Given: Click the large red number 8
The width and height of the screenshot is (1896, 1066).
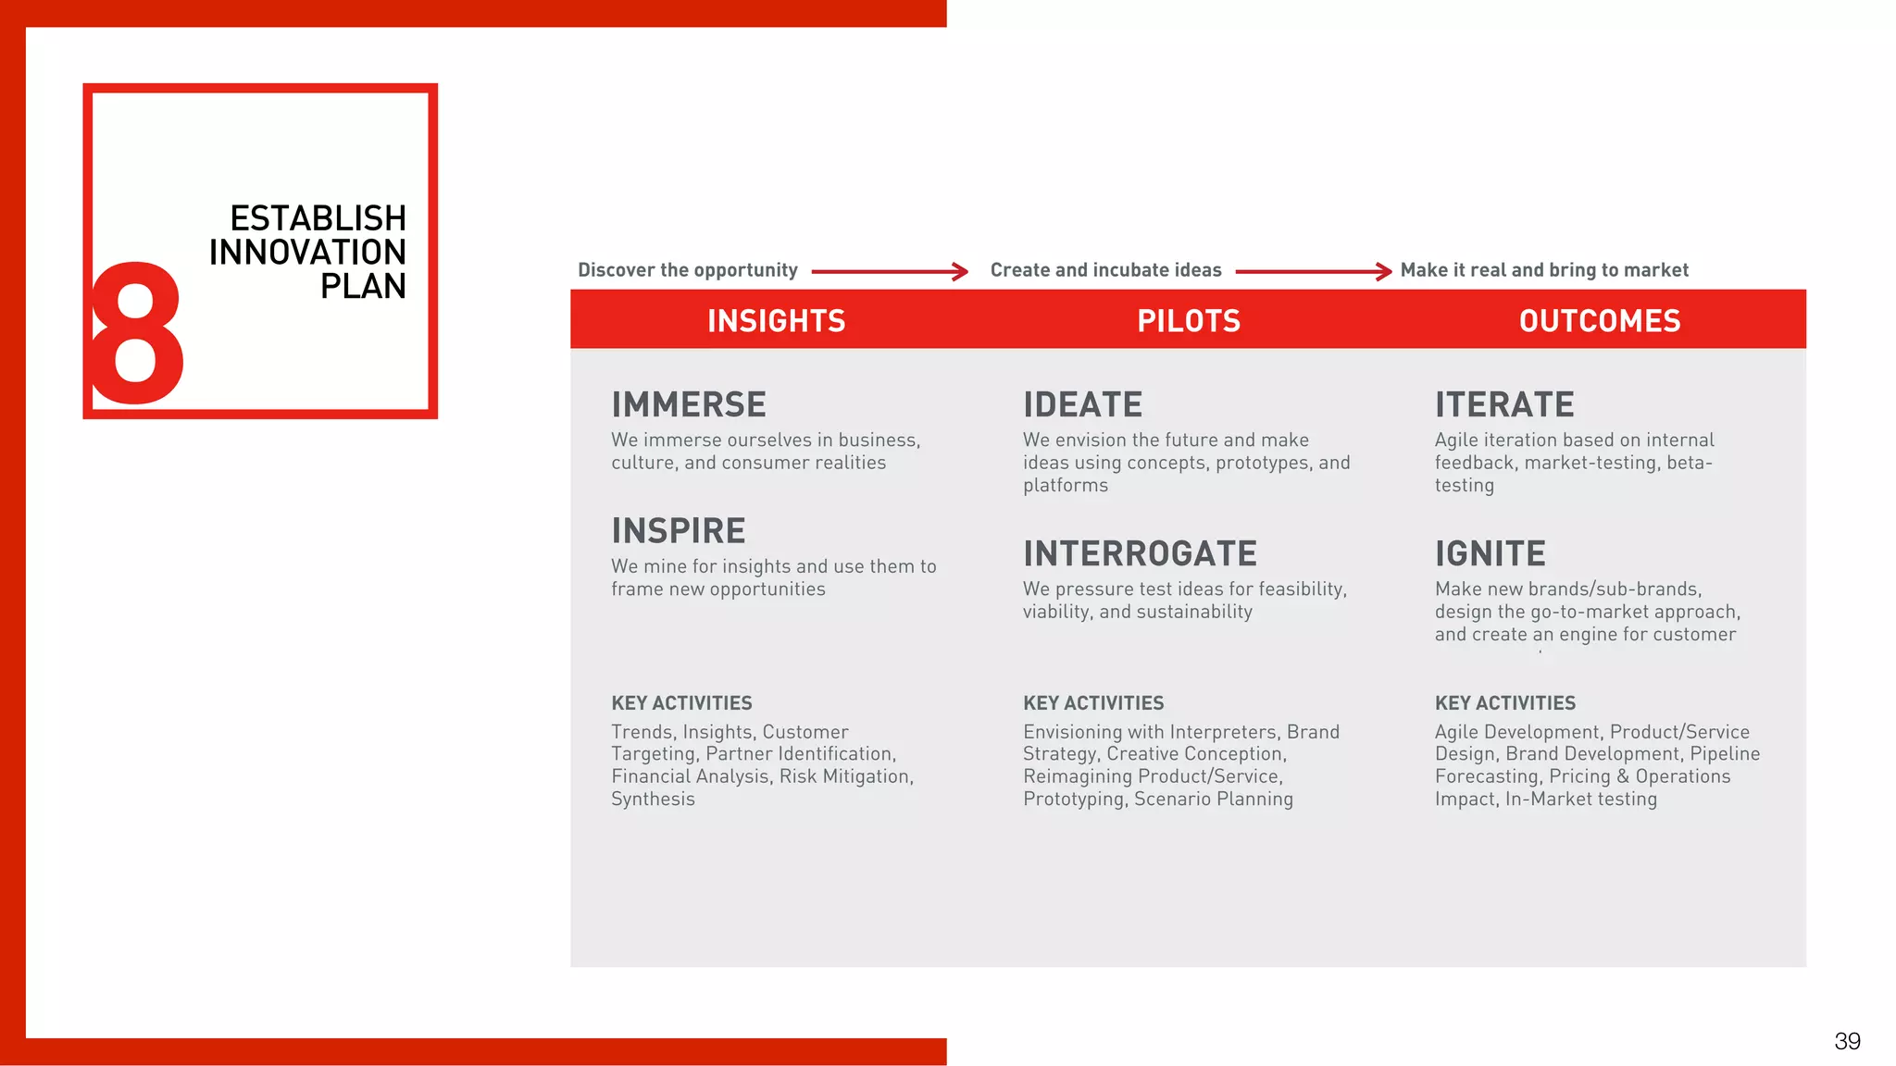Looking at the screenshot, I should [136, 333].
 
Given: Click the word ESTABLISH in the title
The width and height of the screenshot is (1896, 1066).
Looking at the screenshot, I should [318, 218].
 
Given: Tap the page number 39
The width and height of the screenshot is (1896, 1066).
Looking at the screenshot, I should [1847, 1041].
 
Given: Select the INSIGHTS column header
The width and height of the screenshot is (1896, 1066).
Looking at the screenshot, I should [776, 320].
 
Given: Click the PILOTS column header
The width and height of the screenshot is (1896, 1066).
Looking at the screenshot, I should [1188, 320].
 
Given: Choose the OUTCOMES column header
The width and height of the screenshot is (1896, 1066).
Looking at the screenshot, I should [1599, 320].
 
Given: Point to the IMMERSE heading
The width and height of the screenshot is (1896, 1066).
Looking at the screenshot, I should [688, 404].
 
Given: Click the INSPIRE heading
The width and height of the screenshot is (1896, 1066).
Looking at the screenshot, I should [678, 530].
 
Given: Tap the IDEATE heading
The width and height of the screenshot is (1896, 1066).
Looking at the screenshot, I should [1082, 404].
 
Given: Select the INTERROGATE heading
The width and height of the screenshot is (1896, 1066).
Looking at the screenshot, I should [1140, 553].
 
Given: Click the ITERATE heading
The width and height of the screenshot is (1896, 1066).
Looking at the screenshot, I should [1504, 404].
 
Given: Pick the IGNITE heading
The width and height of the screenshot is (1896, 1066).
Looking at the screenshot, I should [1490, 553].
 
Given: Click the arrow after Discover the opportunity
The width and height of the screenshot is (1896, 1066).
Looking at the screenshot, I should [890, 271].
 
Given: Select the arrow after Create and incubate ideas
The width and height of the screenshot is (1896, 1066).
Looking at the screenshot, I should [1313, 271].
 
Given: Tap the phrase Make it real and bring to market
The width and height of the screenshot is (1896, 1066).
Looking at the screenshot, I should [1544, 270].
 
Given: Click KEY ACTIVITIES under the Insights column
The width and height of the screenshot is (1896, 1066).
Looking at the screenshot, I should [681, 703].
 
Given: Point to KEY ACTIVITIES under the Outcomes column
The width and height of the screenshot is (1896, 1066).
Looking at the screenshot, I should [1504, 703].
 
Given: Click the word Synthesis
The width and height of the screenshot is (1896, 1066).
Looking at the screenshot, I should [653, 799].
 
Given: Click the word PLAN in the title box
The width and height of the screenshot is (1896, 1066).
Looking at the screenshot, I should [363, 286].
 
